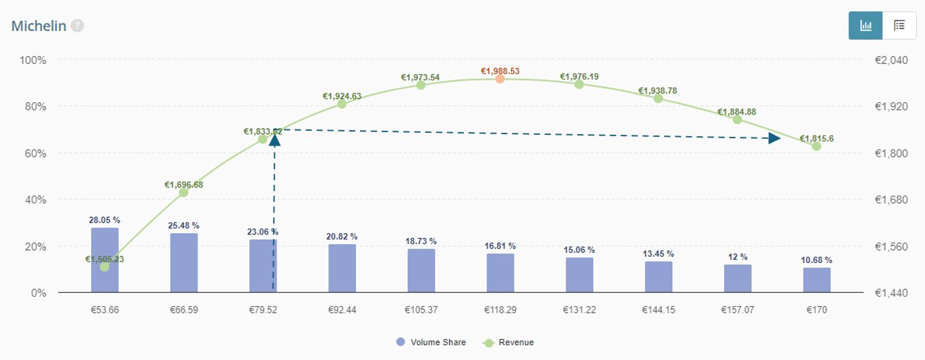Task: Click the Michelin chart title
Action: (x=38, y=26)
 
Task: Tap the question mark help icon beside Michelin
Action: (x=78, y=26)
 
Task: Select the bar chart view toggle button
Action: (x=866, y=26)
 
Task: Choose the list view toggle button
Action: (x=899, y=26)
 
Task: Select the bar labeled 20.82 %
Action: (x=342, y=268)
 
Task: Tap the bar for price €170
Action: (x=816, y=280)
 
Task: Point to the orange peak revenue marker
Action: (x=500, y=79)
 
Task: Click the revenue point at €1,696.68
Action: (x=183, y=192)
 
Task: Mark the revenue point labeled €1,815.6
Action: (x=816, y=146)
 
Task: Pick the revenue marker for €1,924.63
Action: (x=342, y=104)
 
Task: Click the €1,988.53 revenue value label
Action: (x=500, y=71)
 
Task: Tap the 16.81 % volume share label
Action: (x=500, y=246)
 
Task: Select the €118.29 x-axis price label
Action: (x=500, y=310)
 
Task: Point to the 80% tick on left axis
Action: (x=32, y=107)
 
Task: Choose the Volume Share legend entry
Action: (x=431, y=342)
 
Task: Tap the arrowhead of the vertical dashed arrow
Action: (x=274, y=140)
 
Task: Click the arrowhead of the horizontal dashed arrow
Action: (x=775, y=138)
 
